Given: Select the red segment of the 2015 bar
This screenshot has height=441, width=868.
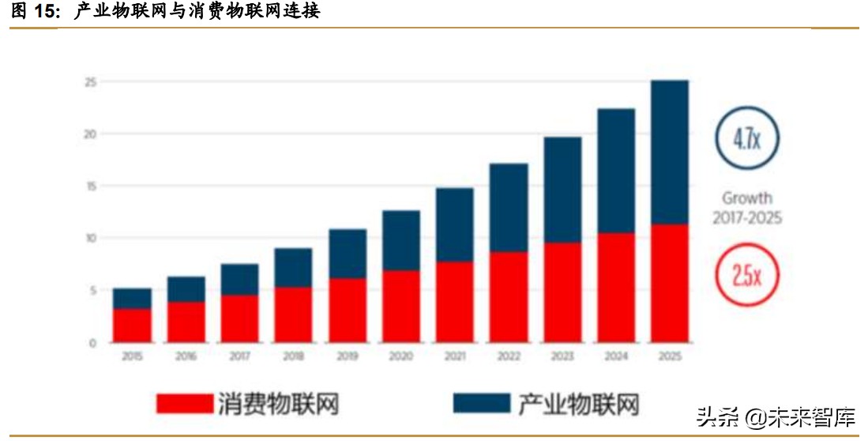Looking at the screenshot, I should pyautogui.click(x=132, y=325).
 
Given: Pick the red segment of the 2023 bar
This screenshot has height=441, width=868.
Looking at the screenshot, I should pyautogui.click(x=562, y=292).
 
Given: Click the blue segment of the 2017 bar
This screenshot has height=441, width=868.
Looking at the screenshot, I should pyautogui.click(x=239, y=279).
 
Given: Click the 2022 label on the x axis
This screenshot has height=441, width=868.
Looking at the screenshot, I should pyautogui.click(x=508, y=356).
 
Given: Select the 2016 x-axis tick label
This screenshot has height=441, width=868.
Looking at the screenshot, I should pyautogui.click(x=185, y=356).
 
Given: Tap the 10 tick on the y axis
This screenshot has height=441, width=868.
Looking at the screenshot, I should pyautogui.click(x=90, y=238).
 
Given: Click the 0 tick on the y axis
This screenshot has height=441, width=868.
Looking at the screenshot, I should pyautogui.click(x=92, y=342).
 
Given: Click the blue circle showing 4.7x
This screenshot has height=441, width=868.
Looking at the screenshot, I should pyautogui.click(x=746, y=139).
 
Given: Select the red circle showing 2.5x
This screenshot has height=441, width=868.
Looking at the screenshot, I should pyautogui.click(x=746, y=276).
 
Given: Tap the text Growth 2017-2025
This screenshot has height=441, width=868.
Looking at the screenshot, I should pyautogui.click(x=746, y=208).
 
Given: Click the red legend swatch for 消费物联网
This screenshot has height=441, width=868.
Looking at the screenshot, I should pyautogui.click(x=185, y=403).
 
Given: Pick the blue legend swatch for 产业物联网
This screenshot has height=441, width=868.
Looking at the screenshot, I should pyautogui.click(x=482, y=403).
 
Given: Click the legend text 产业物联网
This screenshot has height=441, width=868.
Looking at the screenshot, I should pyautogui.click(x=578, y=403).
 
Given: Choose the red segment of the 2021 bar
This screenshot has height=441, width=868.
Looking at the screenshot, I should pyautogui.click(x=454, y=302).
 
